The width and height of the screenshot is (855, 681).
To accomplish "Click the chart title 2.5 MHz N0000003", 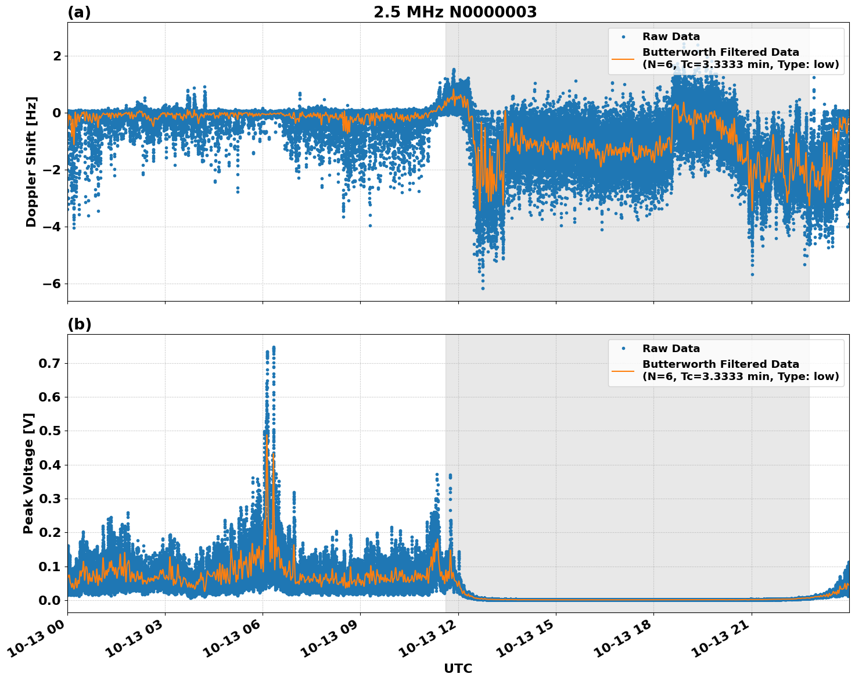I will [455, 12].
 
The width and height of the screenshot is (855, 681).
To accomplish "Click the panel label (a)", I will [79, 12].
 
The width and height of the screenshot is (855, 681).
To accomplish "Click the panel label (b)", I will [79, 324].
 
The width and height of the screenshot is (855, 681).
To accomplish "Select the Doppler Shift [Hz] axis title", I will [31, 162].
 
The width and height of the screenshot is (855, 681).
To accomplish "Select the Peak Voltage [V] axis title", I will [28, 473].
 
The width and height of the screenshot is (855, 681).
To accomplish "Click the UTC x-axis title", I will [458, 668].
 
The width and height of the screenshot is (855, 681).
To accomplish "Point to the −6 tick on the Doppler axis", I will [52, 284].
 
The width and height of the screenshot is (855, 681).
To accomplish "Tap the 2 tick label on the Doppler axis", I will [57, 56].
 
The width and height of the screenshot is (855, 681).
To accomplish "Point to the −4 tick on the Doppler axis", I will [52, 227].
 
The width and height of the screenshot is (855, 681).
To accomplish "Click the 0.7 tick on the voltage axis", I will [49, 363].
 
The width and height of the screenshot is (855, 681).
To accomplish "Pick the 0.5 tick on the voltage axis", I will [49, 431].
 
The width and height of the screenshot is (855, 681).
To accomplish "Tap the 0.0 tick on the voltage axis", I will [49, 600].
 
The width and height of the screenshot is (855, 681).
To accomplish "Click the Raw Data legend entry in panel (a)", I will [671, 37].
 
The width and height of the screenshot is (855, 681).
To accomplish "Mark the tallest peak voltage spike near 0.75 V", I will [274, 347].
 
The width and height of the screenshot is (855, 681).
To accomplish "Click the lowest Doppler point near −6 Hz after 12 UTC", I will [483, 288].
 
